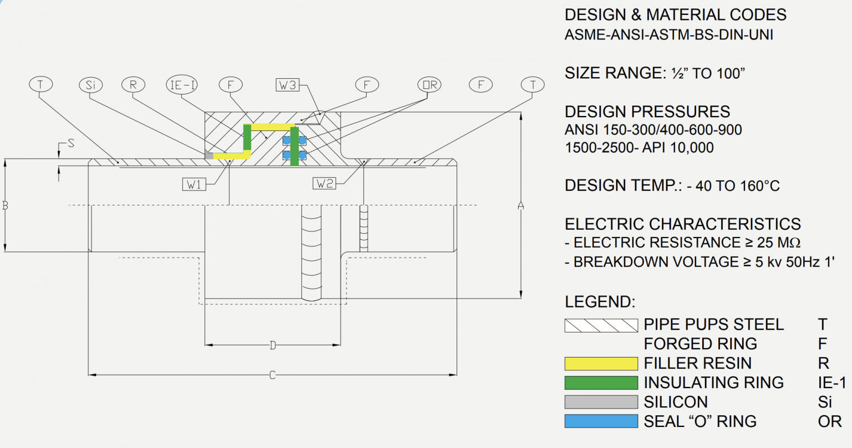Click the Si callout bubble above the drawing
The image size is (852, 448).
tap(90, 85)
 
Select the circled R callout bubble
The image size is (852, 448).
tap(133, 85)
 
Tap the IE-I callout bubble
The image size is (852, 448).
tap(182, 85)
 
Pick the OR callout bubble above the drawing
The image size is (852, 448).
tap(429, 85)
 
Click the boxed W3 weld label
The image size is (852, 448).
tap(287, 85)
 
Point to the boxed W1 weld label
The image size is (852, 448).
tap(194, 184)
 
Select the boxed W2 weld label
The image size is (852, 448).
tap(324, 183)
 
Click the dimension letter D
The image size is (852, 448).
tap(272, 345)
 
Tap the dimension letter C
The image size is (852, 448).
tap(272, 375)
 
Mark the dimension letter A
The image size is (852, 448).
tap(520, 205)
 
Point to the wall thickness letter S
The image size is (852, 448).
tap(70, 144)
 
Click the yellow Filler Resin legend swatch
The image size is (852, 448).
tap(601, 364)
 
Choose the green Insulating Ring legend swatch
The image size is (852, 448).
tap(601, 383)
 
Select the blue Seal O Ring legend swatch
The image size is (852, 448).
tap(601, 421)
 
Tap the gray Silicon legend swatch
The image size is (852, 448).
tap(601, 402)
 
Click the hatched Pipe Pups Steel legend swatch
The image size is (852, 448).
tap(601, 325)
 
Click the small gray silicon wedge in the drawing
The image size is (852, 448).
tap(209, 155)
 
